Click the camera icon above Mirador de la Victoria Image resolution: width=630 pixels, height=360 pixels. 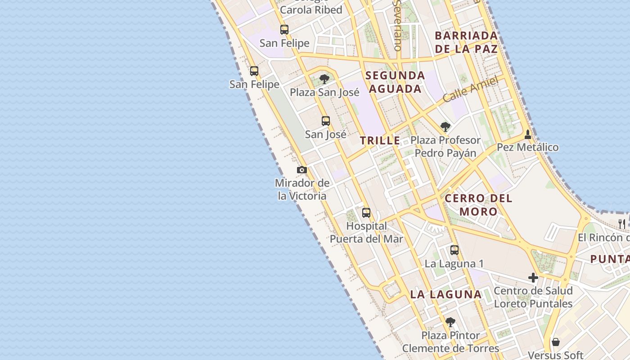tap(302, 170)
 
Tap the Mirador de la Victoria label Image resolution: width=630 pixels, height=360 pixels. tap(302, 189)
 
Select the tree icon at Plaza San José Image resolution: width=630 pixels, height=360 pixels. tap(324, 80)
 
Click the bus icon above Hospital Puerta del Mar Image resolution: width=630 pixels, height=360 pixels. tap(366, 212)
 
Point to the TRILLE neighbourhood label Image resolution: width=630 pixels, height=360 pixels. tap(380, 140)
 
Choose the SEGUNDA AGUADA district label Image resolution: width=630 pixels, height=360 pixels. tap(395, 82)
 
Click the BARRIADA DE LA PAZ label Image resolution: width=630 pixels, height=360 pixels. tap(466, 42)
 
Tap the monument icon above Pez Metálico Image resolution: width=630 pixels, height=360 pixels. tap(528, 134)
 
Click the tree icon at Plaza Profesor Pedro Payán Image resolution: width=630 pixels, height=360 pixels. tap(445, 127)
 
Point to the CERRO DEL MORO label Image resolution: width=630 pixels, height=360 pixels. tap(478, 205)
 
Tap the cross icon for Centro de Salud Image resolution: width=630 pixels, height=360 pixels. tap(533, 278)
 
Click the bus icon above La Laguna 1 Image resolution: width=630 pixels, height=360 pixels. tap(454, 250)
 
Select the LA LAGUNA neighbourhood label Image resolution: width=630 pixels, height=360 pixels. tap(445, 295)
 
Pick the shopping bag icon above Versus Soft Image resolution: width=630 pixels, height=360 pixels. tap(556, 342)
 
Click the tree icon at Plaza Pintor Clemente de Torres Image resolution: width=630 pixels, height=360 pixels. tap(450, 322)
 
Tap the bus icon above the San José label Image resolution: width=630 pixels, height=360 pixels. tap(326, 121)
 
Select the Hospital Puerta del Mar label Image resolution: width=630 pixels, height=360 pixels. tap(366, 232)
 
